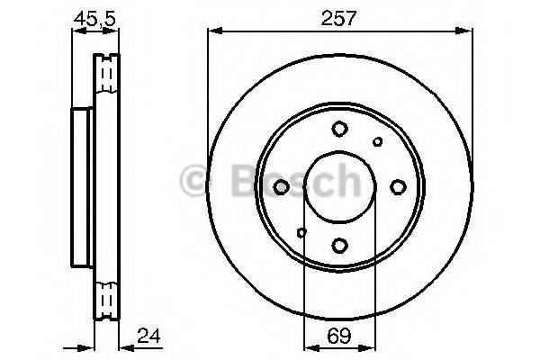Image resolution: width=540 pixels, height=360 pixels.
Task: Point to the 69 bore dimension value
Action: [337, 339]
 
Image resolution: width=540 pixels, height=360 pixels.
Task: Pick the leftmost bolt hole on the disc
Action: [282, 186]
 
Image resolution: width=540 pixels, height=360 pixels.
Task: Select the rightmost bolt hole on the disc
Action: [397, 186]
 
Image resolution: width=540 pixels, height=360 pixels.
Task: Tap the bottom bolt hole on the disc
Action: [338, 244]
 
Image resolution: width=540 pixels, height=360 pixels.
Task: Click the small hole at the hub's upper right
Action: [378, 141]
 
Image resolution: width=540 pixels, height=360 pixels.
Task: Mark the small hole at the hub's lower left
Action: [301, 233]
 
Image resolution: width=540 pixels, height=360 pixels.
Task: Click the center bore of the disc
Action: [338, 186]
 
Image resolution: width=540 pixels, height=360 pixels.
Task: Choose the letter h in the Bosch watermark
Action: [343, 181]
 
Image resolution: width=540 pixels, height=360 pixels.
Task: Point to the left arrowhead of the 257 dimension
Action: [213, 31]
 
